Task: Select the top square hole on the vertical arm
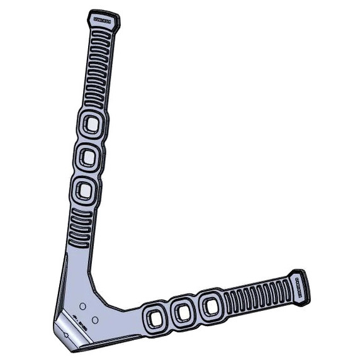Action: tap(92, 125)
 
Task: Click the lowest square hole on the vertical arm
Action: tap(84, 190)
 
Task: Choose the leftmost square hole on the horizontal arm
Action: tap(154, 317)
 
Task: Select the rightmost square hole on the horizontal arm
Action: tap(210, 307)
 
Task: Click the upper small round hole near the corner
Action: tap(82, 306)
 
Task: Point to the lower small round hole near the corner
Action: tap(94, 320)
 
